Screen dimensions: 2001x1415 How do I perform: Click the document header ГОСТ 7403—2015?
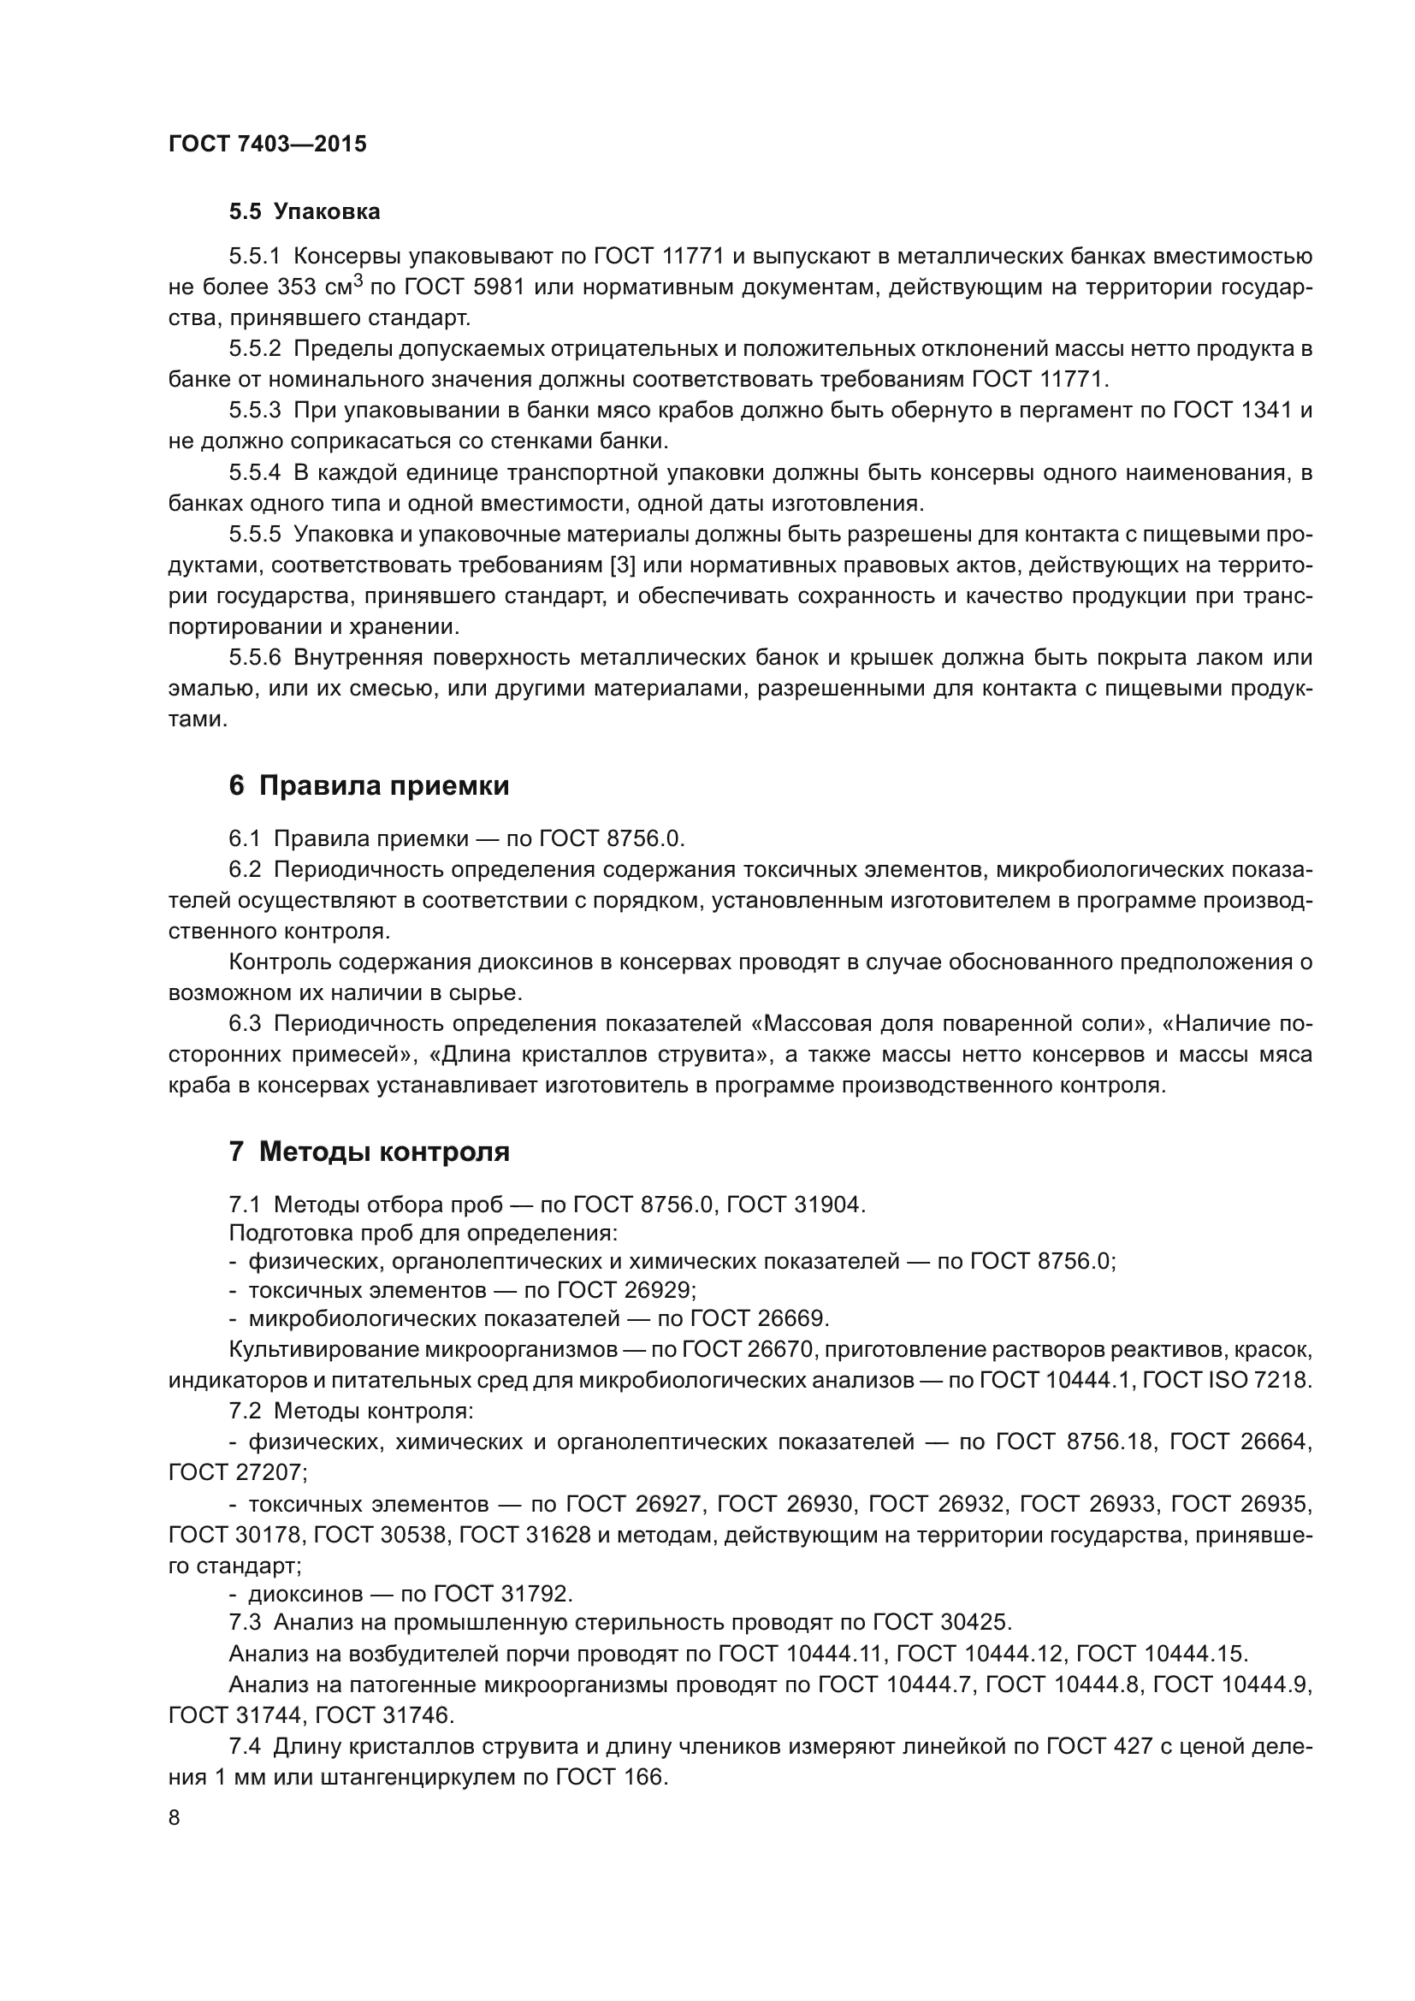[x=268, y=144]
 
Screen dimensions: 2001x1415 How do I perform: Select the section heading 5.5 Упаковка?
[x=304, y=212]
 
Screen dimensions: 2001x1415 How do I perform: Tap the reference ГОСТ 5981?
[x=465, y=287]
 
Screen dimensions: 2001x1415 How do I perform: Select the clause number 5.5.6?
[x=255, y=658]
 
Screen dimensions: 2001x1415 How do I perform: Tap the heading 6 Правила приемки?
[x=369, y=786]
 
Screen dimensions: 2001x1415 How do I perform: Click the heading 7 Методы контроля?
[x=369, y=1152]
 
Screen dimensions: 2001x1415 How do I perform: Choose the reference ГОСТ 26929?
[x=625, y=1289]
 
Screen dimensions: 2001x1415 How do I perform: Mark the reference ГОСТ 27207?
[x=235, y=1473]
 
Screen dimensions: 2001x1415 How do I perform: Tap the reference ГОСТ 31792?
[x=503, y=1594]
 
